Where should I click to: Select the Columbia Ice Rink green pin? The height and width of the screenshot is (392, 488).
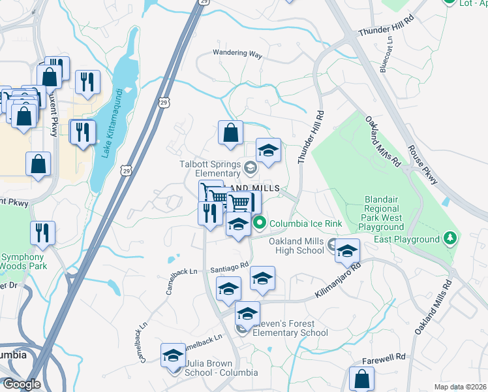coord(260,223)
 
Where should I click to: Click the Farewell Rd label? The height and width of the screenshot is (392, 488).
coord(384,357)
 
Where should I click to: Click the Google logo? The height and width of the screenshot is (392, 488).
coord(21,384)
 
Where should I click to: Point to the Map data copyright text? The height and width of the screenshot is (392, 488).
coord(461,387)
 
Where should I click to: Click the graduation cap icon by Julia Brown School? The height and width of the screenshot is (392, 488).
coord(173,355)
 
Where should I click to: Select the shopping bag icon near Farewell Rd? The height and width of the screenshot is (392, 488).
coord(361,379)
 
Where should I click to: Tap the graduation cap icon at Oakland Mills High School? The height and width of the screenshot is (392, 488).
coord(348,252)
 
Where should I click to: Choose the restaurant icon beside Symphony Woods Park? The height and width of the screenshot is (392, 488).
coord(42,233)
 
